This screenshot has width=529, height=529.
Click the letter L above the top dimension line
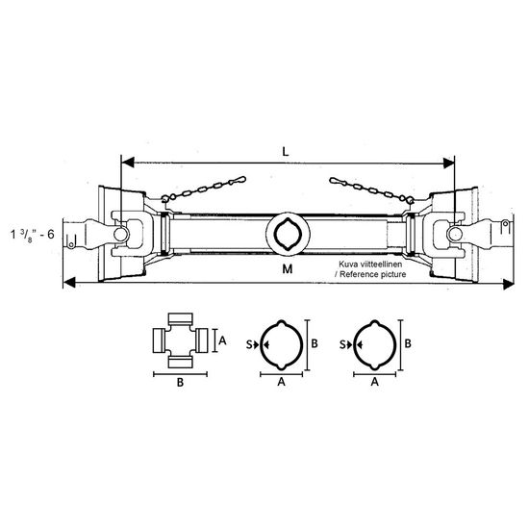(x=286, y=152)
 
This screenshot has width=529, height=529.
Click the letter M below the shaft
(x=288, y=269)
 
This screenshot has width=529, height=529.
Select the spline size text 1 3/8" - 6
(x=33, y=234)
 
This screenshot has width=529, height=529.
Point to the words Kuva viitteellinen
(x=370, y=264)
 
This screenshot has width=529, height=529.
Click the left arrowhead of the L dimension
(x=128, y=163)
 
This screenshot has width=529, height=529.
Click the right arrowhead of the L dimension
(x=448, y=163)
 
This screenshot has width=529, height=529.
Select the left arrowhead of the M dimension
(x=69, y=283)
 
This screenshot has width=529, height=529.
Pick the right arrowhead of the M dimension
(x=509, y=284)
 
